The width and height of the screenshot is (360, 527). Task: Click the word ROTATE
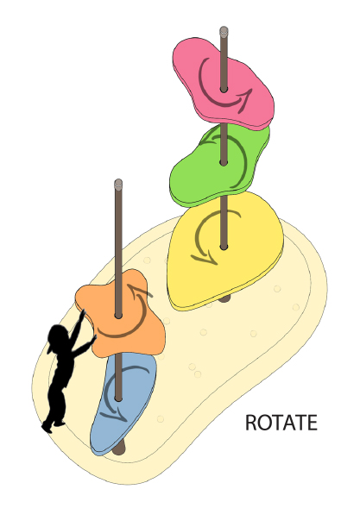[x=281, y=423]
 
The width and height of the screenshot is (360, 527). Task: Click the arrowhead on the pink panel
[x=245, y=97]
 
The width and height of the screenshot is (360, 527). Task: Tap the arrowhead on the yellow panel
[x=205, y=259]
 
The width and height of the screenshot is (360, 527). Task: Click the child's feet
[x=53, y=426]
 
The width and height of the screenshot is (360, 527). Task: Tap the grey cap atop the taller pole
[x=224, y=31]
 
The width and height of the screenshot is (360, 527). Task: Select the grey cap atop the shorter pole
[x=118, y=184]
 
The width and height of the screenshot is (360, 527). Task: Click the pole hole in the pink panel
[x=224, y=90]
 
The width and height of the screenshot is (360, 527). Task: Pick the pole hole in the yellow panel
[x=224, y=248]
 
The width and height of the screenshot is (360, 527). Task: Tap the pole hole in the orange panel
[x=118, y=316]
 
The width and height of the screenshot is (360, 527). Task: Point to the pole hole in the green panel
[x=224, y=163]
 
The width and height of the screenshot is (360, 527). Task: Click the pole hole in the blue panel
[x=118, y=399]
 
